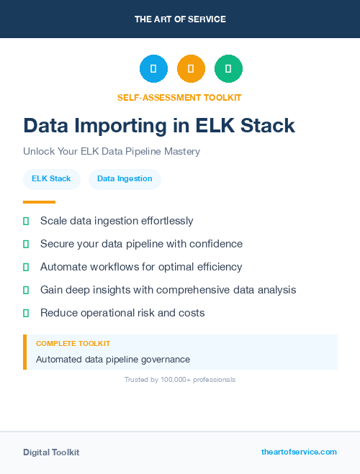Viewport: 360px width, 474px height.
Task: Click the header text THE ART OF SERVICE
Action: (x=180, y=19)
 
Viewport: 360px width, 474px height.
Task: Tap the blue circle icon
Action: (x=153, y=69)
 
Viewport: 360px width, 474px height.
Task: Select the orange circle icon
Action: (x=191, y=69)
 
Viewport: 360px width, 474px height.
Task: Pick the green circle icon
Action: (x=228, y=69)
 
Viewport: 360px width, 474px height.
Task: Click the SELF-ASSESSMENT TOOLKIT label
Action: (x=179, y=97)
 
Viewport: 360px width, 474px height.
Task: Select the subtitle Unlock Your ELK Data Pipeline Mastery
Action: (x=112, y=152)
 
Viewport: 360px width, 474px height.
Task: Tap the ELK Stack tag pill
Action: (x=51, y=179)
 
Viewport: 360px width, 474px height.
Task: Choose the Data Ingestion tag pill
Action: (x=125, y=179)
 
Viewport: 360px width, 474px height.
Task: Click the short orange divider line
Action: (x=39, y=202)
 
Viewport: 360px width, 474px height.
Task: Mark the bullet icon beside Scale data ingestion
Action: (x=26, y=221)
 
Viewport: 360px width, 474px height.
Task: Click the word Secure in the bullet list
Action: (x=58, y=244)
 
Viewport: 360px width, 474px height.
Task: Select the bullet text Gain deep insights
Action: (x=168, y=290)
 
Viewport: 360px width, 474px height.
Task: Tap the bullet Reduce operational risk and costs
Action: (x=122, y=313)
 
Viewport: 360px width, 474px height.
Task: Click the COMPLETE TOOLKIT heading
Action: (x=73, y=344)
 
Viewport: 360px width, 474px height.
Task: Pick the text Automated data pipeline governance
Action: (x=112, y=359)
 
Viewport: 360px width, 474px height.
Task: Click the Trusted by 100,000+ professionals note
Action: (x=180, y=379)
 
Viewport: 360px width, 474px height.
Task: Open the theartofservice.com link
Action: (x=299, y=452)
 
